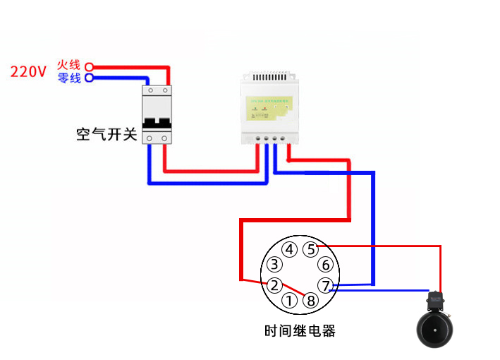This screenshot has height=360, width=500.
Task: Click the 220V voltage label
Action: (x=28, y=71)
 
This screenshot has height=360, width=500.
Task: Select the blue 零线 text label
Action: (x=70, y=78)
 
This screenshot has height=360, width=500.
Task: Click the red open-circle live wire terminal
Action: (x=89, y=67)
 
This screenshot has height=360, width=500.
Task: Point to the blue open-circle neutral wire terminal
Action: (x=89, y=78)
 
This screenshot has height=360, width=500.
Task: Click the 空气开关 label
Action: (x=106, y=134)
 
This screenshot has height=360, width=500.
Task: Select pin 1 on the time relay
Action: (x=289, y=301)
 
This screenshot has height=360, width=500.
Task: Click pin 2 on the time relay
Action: (x=274, y=285)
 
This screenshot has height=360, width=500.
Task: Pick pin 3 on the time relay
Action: (x=274, y=265)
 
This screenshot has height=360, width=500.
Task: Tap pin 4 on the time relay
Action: (x=289, y=249)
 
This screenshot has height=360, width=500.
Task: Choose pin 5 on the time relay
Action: (x=311, y=249)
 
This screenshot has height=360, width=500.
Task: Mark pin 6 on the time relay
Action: (x=325, y=265)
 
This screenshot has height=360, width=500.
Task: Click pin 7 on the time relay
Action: (x=325, y=285)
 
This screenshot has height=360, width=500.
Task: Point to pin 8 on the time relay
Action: (x=311, y=301)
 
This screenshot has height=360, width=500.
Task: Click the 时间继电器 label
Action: (x=300, y=330)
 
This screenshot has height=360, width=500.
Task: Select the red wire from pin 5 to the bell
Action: (x=395, y=246)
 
